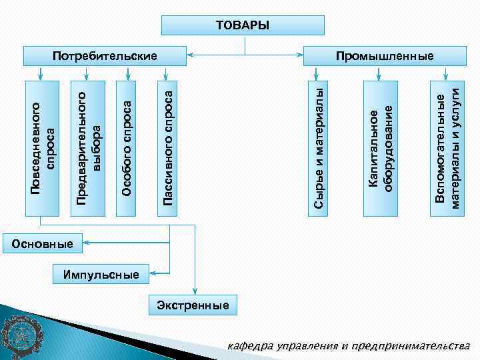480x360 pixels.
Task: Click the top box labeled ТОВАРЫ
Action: pos(243,25)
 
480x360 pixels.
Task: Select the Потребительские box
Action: pos(105,56)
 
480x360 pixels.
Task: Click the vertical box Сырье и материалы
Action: pos(319,148)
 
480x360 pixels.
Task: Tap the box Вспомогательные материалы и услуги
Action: pos(445,148)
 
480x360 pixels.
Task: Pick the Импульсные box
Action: pos(101,274)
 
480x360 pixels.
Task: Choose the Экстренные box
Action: pos(193,305)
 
